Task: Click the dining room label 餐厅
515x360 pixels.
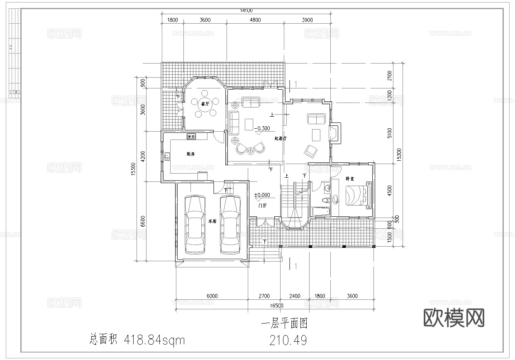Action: coord(204,104)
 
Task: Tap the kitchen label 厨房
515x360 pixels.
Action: coord(190,154)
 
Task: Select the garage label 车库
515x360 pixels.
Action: coord(212,221)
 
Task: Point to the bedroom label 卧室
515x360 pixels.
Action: coord(349,179)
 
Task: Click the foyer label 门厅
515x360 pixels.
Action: coord(262,206)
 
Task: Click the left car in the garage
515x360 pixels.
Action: coord(195,224)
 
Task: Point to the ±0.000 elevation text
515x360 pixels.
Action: coord(262,195)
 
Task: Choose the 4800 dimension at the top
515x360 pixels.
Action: coord(255,20)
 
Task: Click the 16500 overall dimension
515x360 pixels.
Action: coord(276,306)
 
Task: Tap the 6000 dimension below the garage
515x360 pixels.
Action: coord(212,296)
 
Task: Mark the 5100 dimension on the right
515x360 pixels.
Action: coord(389,132)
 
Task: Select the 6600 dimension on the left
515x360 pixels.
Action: coord(143,221)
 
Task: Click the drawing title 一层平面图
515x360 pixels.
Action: coord(284,323)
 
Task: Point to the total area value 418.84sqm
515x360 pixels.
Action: coord(154,340)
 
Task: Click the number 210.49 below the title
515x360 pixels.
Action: coord(288,340)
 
